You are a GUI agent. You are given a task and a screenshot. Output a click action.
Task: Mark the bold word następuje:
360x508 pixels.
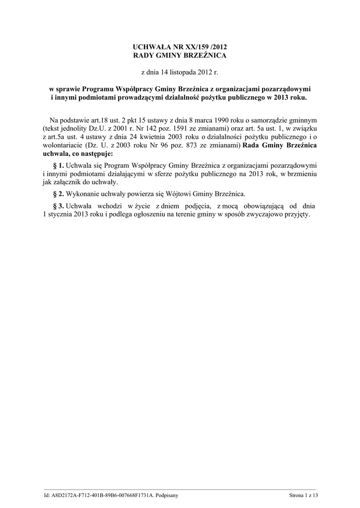[96, 154]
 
